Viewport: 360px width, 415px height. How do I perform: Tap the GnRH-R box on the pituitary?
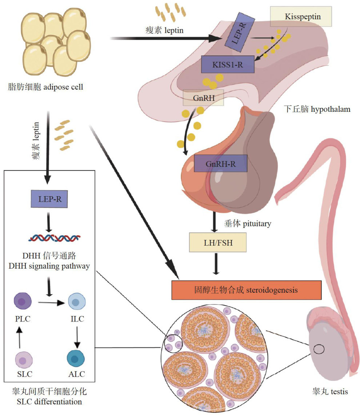(221, 163)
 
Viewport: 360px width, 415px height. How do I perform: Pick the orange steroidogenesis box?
(247, 290)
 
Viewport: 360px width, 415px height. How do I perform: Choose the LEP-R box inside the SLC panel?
(49, 199)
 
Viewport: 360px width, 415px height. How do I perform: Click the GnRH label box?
(203, 98)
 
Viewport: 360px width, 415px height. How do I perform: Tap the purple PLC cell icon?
(23, 302)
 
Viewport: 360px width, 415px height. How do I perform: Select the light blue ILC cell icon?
(76, 302)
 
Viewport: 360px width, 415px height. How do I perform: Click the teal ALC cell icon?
(76, 360)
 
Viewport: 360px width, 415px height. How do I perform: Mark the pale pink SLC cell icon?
(23, 360)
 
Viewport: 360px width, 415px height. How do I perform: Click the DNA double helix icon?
(54, 238)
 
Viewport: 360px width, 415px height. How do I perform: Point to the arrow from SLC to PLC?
(20, 335)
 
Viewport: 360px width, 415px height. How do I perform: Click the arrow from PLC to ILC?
(49, 302)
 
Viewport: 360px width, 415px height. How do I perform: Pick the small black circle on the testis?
(319, 349)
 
